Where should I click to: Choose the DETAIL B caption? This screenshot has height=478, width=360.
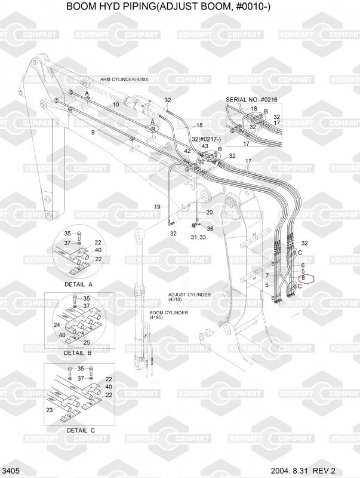coord(78,353)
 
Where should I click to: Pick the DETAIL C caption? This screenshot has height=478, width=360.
coord(80,430)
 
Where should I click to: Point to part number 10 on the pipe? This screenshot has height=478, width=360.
coord(116,104)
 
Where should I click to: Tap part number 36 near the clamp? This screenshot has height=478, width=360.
coord(210,228)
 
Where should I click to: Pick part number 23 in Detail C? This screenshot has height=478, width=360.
coord(49,410)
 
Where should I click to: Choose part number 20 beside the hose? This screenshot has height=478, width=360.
coord(209,212)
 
